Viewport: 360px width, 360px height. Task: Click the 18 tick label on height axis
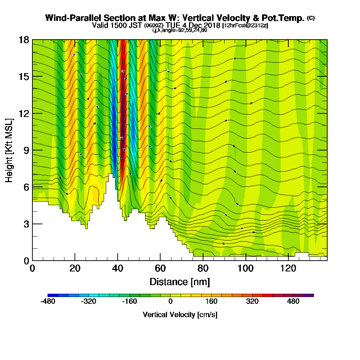pos(24,40)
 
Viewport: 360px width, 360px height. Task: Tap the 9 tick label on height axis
pos(26,150)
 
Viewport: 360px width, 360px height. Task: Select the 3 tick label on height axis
pos(26,224)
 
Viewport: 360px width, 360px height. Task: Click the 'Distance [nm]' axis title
pos(180,281)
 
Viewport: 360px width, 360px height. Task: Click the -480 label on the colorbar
pos(48,301)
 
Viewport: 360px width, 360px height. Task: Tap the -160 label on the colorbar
pos(129,301)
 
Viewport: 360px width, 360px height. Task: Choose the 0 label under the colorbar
pos(170,301)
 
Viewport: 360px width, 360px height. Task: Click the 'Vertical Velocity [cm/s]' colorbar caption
pos(180,315)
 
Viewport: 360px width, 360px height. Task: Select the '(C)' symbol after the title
pos(311,18)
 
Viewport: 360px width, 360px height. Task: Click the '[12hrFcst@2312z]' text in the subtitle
pos(245,26)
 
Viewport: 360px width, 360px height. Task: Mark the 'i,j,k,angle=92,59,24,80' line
pos(180,30)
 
